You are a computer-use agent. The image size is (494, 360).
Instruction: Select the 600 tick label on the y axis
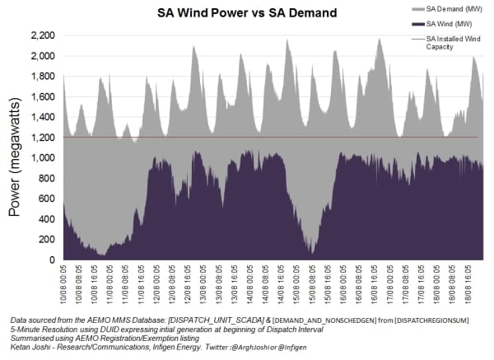coord(48,199)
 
